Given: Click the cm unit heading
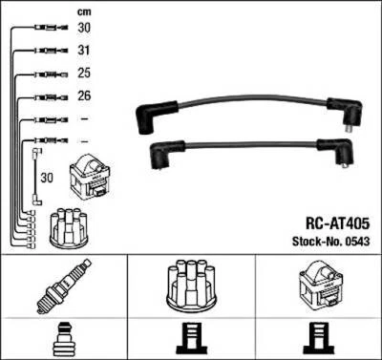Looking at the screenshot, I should coord(84,11).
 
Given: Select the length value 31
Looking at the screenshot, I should coord(84,50).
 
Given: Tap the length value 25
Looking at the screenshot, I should coord(84,73).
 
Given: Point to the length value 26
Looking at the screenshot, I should coord(84,95).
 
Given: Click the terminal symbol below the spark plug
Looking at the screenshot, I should coord(62,340).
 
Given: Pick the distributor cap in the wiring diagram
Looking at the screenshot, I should coord(68,225).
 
